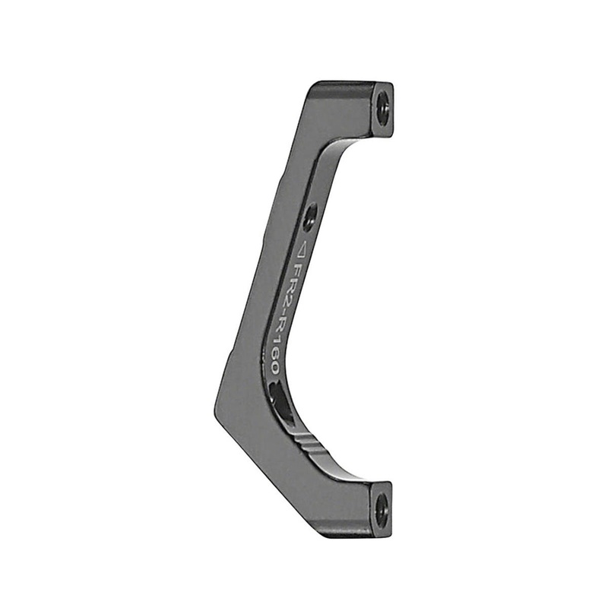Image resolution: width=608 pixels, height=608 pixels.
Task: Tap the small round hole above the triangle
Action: click(308, 218)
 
